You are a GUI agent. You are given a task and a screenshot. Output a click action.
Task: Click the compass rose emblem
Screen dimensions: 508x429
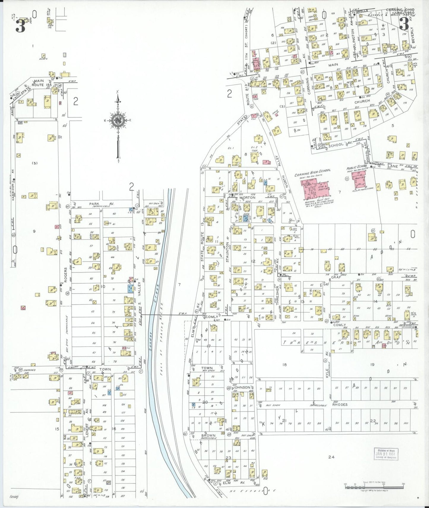[118, 120]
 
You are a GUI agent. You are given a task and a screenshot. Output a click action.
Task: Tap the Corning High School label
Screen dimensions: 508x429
[312, 173]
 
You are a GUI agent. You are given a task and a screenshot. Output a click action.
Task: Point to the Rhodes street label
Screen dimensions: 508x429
[340, 405]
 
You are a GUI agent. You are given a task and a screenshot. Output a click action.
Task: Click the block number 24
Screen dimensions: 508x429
[331, 457]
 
